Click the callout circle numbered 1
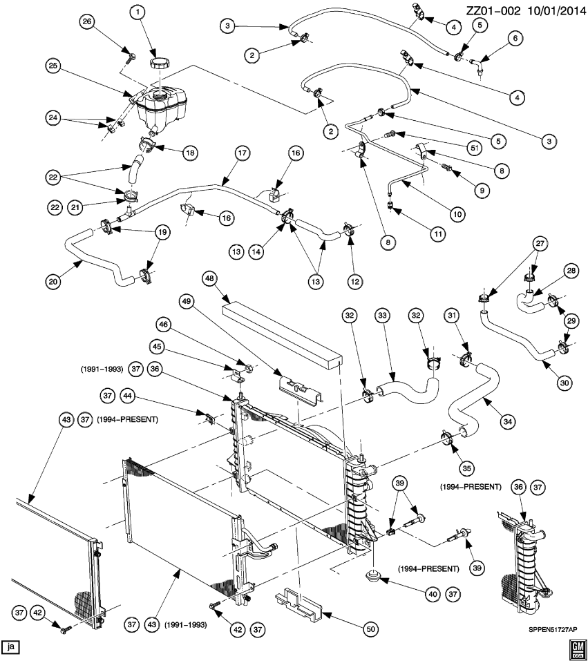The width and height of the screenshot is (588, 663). point(137,12)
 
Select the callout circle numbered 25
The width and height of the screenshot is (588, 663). point(54,67)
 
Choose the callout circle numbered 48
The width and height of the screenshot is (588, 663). point(210,278)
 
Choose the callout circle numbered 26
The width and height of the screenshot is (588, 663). point(87,22)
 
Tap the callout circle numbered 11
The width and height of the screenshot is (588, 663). point(437,234)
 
